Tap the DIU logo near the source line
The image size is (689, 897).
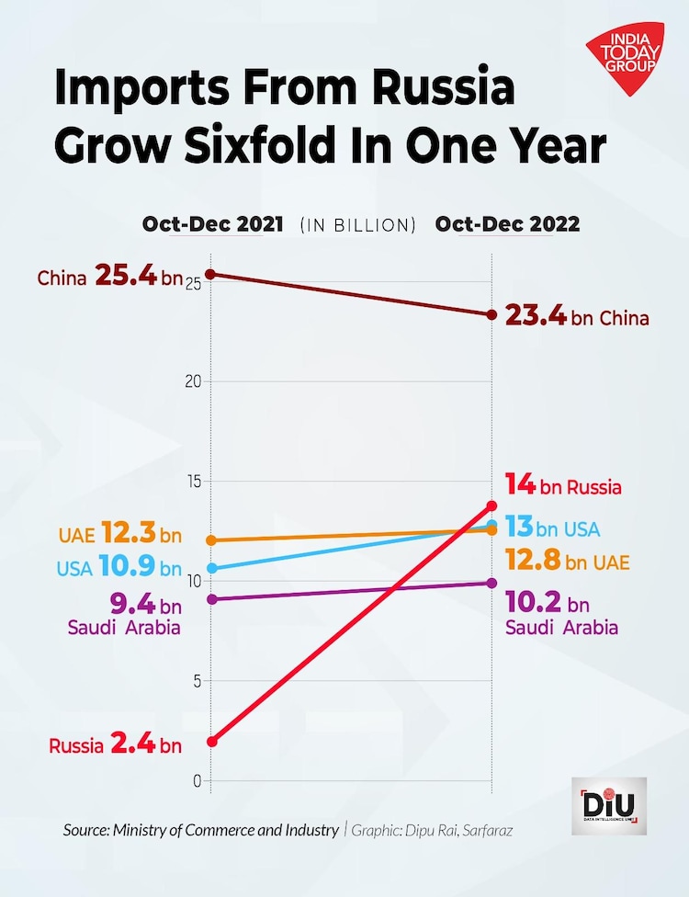click(609, 806)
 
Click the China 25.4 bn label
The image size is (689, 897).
click(109, 276)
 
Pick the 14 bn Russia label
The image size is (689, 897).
click(563, 486)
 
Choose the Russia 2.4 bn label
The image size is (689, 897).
click(116, 744)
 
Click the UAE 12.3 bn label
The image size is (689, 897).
click(119, 535)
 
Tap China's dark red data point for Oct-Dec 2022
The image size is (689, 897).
click(492, 315)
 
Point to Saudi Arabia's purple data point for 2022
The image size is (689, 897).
click(492, 583)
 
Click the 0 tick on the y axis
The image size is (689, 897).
click(196, 781)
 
